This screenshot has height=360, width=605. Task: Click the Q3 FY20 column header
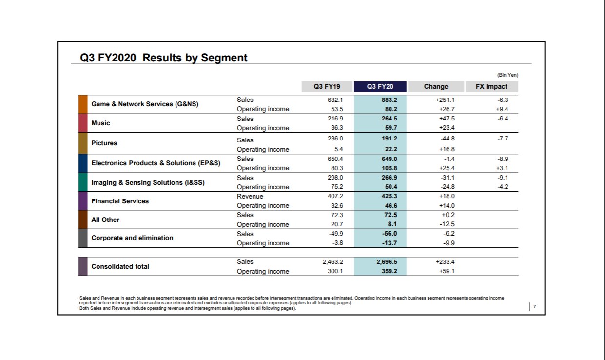(380, 87)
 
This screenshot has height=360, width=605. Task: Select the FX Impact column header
(491, 87)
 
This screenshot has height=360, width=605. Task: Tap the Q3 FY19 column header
(327, 87)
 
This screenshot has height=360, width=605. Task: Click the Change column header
(436, 87)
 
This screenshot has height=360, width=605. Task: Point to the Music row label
(101, 123)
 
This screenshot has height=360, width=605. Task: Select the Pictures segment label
(104, 143)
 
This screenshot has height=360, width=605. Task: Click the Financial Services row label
(120, 201)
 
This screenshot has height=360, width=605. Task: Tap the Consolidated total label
(120, 266)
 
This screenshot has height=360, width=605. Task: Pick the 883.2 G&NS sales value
(389, 100)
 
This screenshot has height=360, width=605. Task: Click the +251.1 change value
(445, 100)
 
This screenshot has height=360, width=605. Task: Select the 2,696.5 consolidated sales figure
(387, 262)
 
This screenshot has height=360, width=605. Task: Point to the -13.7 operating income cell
(390, 243)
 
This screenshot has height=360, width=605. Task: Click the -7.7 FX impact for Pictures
(503, 139)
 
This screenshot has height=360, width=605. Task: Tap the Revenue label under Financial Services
(250, 197)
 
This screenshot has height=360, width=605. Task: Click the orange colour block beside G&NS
(83, 104)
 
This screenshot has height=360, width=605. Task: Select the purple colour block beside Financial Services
(83, 201)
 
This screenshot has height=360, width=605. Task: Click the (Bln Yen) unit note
(508, 75)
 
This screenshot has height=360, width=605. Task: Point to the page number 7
(534, 307)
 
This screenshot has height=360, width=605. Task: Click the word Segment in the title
(224, 58)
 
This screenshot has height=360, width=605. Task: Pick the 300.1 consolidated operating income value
(335, 271)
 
